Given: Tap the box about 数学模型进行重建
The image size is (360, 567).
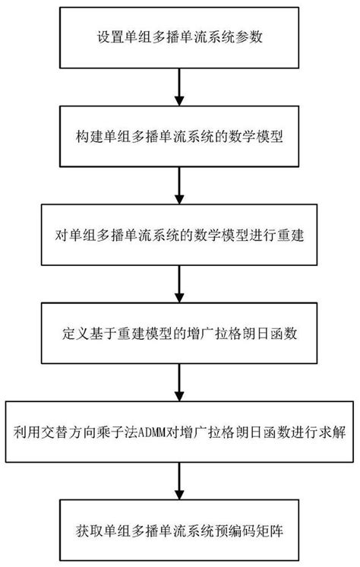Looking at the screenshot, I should tap(179, 235).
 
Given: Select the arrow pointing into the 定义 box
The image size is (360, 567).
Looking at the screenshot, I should tap(179, 284).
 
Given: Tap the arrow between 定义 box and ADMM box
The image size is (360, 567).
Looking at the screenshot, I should tap(179, 383).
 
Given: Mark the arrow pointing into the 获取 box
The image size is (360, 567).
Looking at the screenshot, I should tap(179, 481).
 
